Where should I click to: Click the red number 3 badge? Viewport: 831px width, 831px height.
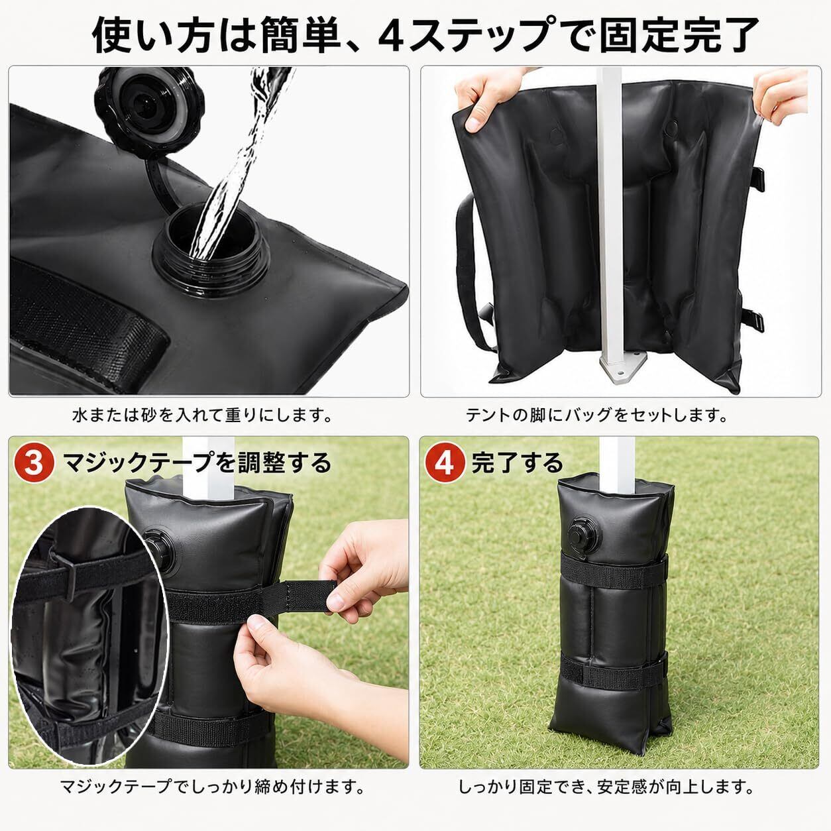coord(33,463)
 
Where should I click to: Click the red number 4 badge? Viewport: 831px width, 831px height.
coord(445,463)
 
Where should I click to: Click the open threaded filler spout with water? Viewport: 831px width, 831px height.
coord(212,254)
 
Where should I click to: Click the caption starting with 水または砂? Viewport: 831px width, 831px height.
coord(203,416)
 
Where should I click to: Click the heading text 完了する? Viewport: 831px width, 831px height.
coord(518,463)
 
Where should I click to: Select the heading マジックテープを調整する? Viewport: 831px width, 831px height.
coord(197,463)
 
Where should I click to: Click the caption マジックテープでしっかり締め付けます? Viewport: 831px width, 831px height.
coord(212,788)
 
